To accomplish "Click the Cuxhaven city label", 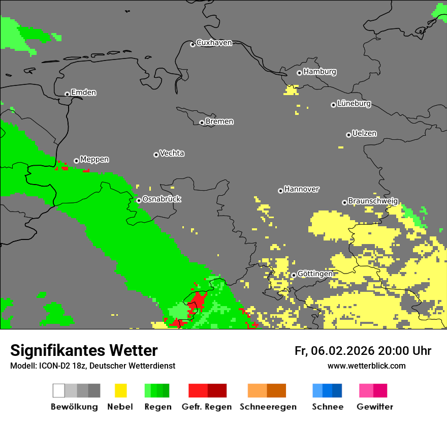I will point(214,43).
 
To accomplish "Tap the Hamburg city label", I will point(320,72).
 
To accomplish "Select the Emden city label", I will point(83,93).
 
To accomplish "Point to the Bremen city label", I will point(219,122).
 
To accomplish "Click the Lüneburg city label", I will point(354,104).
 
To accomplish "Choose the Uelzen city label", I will point(364,134).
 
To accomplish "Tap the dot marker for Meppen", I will point(76,161).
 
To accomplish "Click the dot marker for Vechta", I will point(156,155).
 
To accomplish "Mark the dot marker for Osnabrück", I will point(139,200).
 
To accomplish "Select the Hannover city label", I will point(302,189).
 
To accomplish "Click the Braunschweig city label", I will point(373,201).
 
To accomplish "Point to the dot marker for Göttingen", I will point(294,275).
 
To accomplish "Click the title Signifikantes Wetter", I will point(84,350).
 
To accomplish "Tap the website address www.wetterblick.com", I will point(366,366).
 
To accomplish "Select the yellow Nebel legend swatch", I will point(120,390).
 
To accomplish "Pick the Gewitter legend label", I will point(374,407).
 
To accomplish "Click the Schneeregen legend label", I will point(268,407).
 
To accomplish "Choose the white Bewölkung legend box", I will point(59,390).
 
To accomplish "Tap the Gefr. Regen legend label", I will point(207,407).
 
